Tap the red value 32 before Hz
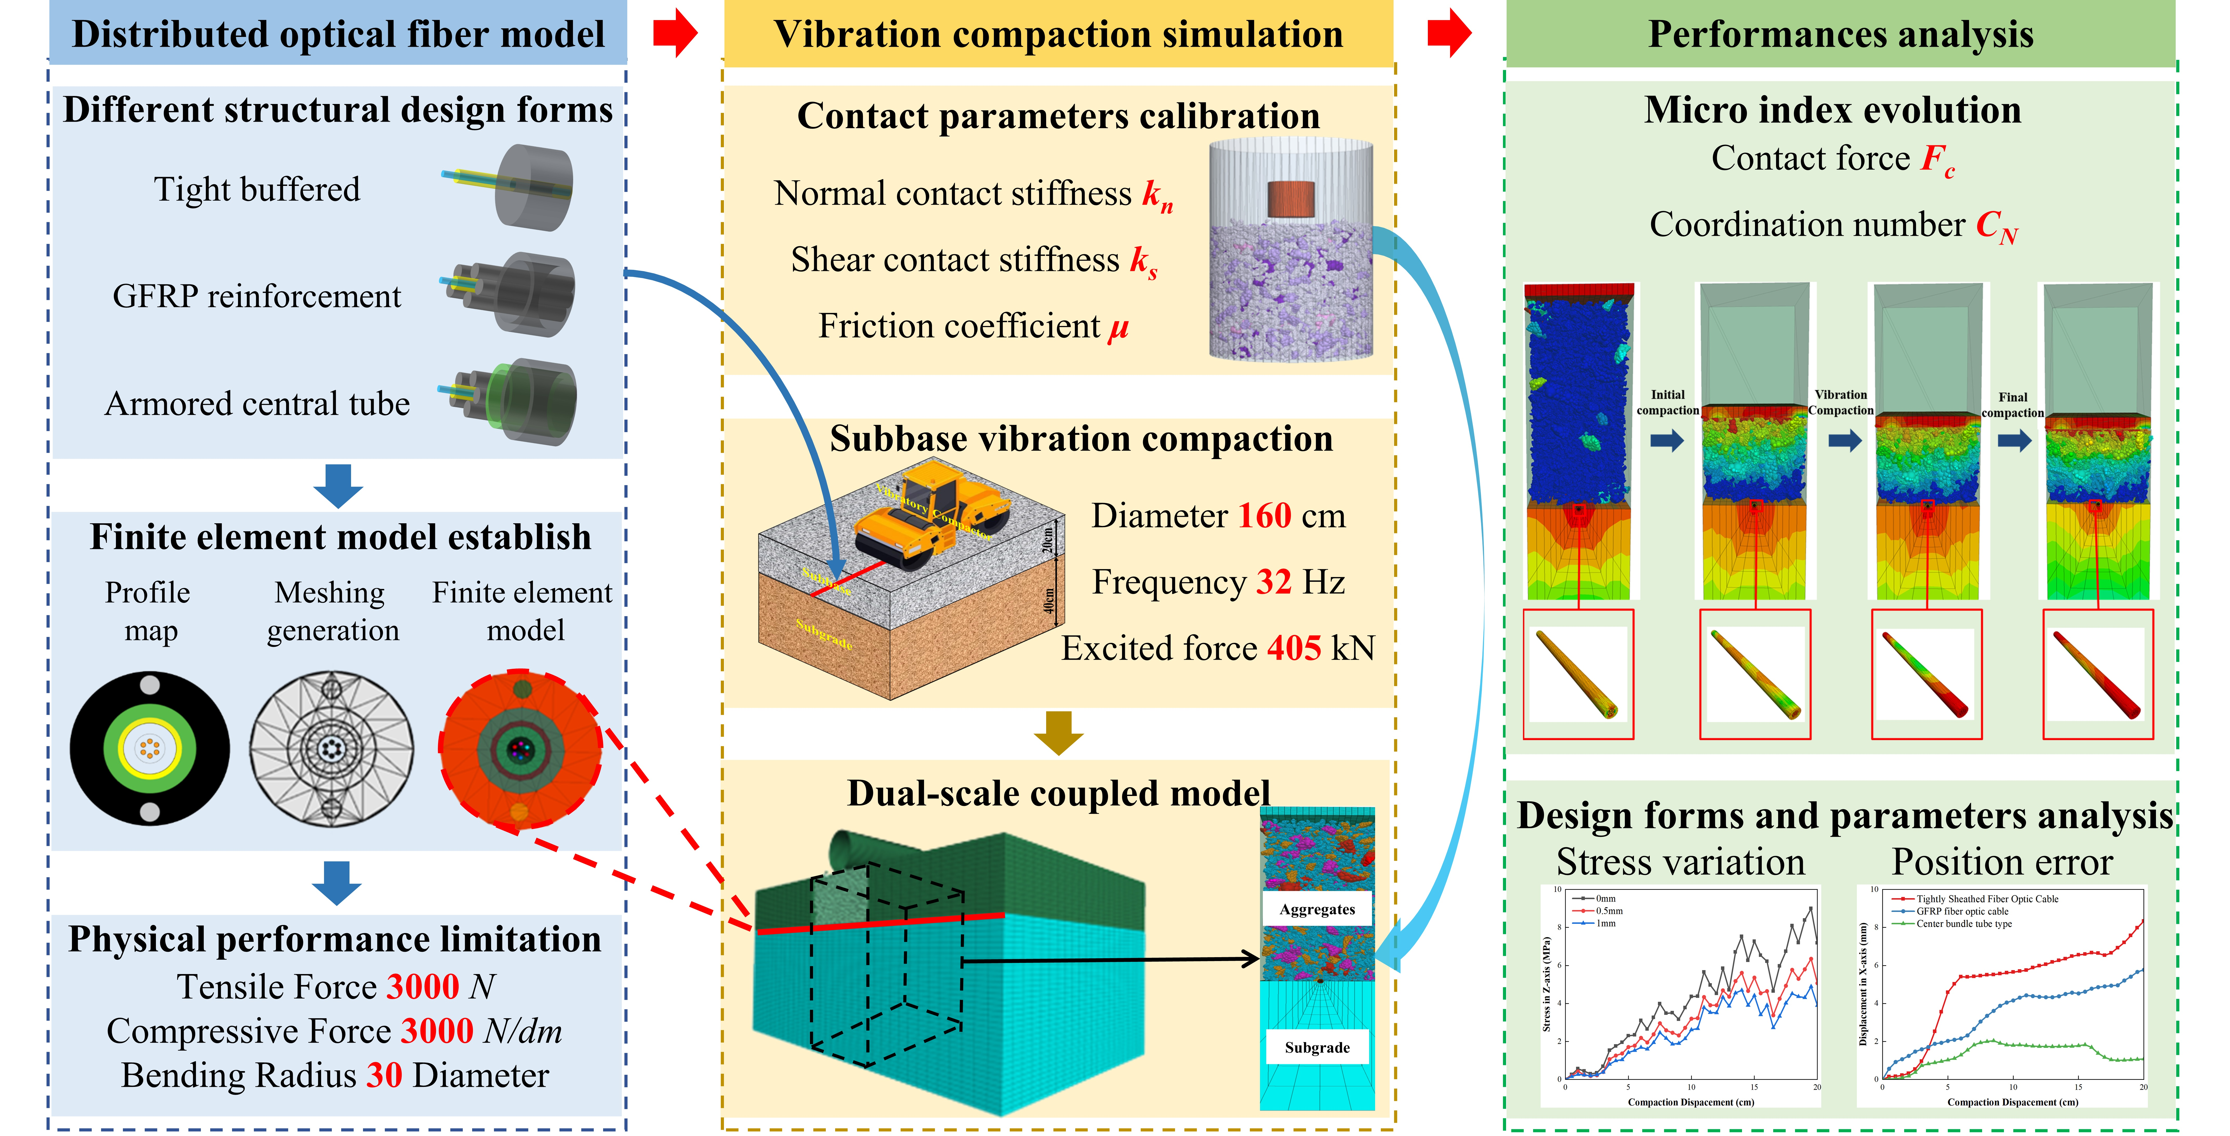pos(1274,583)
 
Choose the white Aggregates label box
pos(1317,909)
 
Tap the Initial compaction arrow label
pos(1667,403)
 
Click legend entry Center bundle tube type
pos(1963,924)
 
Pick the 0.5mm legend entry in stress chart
pos(1608,911)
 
